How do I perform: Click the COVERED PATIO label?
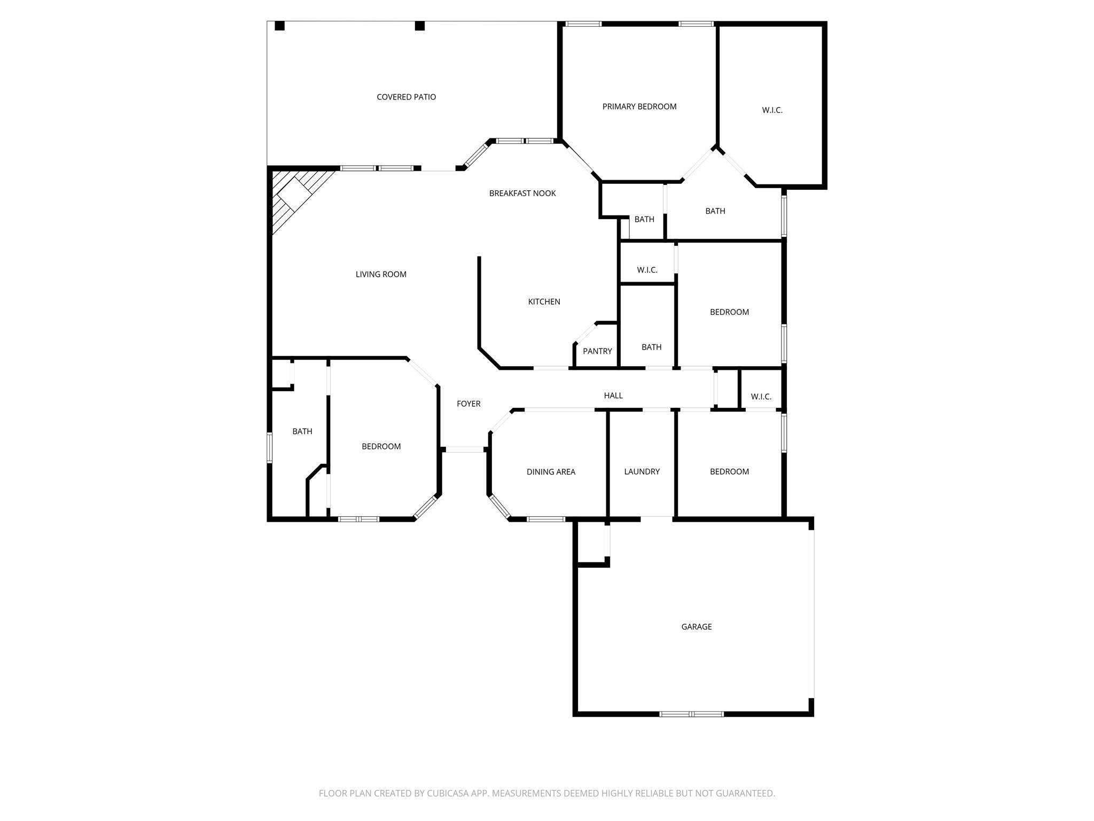[x=406, y=97]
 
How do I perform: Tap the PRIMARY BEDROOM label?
[x=639, y=106]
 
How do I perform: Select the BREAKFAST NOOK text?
[x=522, y=193]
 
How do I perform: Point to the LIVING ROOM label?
[x=381, y=274]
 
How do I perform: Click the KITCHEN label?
[x=544, y=301]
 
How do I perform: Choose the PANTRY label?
[x=597, y=351]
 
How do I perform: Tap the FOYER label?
[x=468, y=404]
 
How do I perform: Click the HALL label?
[x=613, y=396]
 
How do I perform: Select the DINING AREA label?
[x=551, y=471]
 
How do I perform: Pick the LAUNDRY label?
[x=642, y=471]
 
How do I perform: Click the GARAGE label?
[x=697, y=626]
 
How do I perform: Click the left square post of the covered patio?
[x=279, y=26]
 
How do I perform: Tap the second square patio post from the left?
[x=420, y=26]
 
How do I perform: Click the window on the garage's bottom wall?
[x=692, y=714]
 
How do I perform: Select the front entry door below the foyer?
[x=464, y=450]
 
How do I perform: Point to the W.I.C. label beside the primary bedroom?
[x=772, y=110]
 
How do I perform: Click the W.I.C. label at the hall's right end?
[x=761, y=397]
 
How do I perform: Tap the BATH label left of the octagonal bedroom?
[x=302, y=431]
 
